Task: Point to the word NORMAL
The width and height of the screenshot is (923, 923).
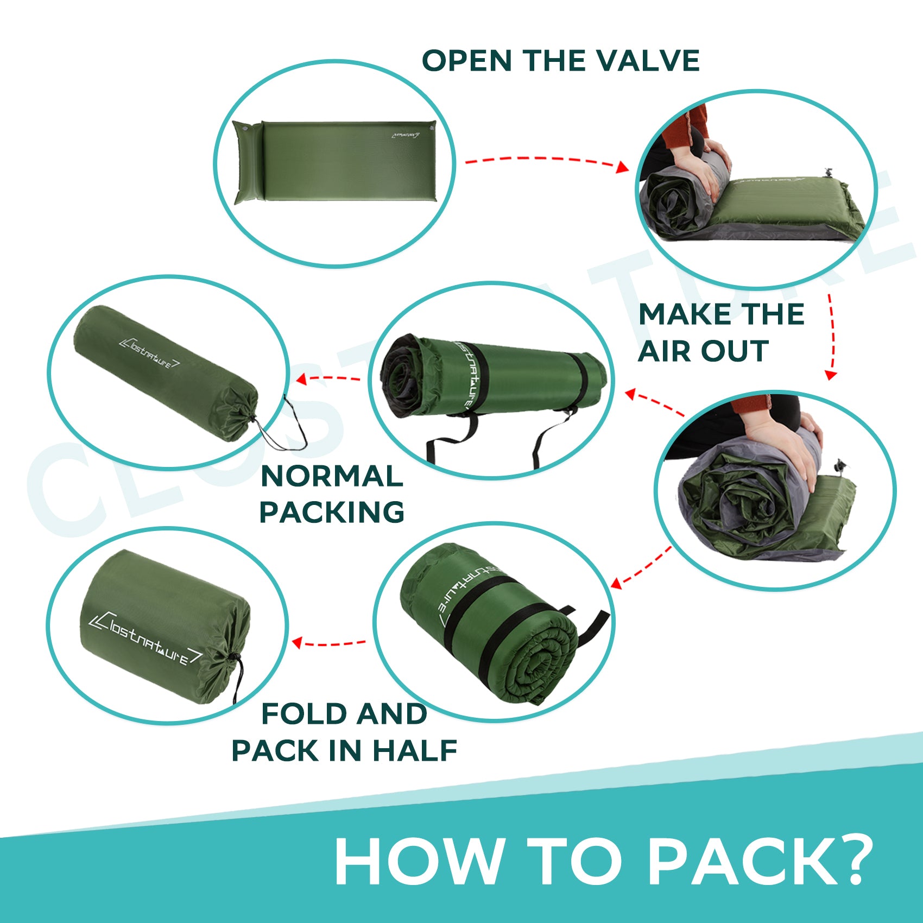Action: tap(332, 476)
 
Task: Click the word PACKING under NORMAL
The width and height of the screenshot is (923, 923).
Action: tap(332, 512)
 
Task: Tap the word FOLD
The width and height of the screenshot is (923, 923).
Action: tap(305, 713)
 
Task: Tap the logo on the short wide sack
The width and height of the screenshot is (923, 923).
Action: tap(146, 638)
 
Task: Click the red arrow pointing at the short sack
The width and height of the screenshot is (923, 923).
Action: tap(329, 643)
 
